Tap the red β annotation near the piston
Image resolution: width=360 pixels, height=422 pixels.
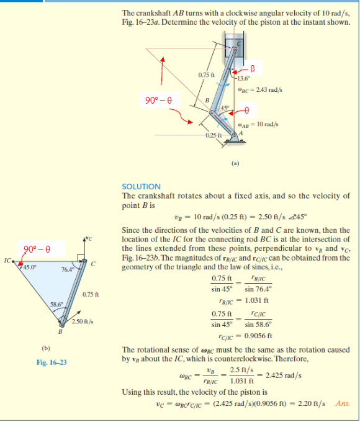(x=253, y=67)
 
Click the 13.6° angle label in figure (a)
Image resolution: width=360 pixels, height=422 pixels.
(x=243, y=78)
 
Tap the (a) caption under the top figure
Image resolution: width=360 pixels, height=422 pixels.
(x=235, y=166)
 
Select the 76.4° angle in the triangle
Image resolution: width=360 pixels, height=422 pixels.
(x=68, y=269)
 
